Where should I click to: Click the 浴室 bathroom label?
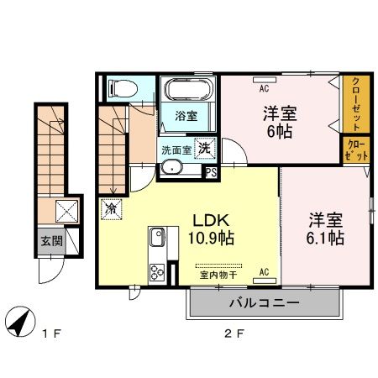click(186, 118)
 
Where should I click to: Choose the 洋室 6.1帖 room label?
click(324, 229)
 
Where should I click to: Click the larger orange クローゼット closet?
click(356, 104)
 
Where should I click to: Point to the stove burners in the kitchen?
click(157, 271)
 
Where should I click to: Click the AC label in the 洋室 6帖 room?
click(263, 87)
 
